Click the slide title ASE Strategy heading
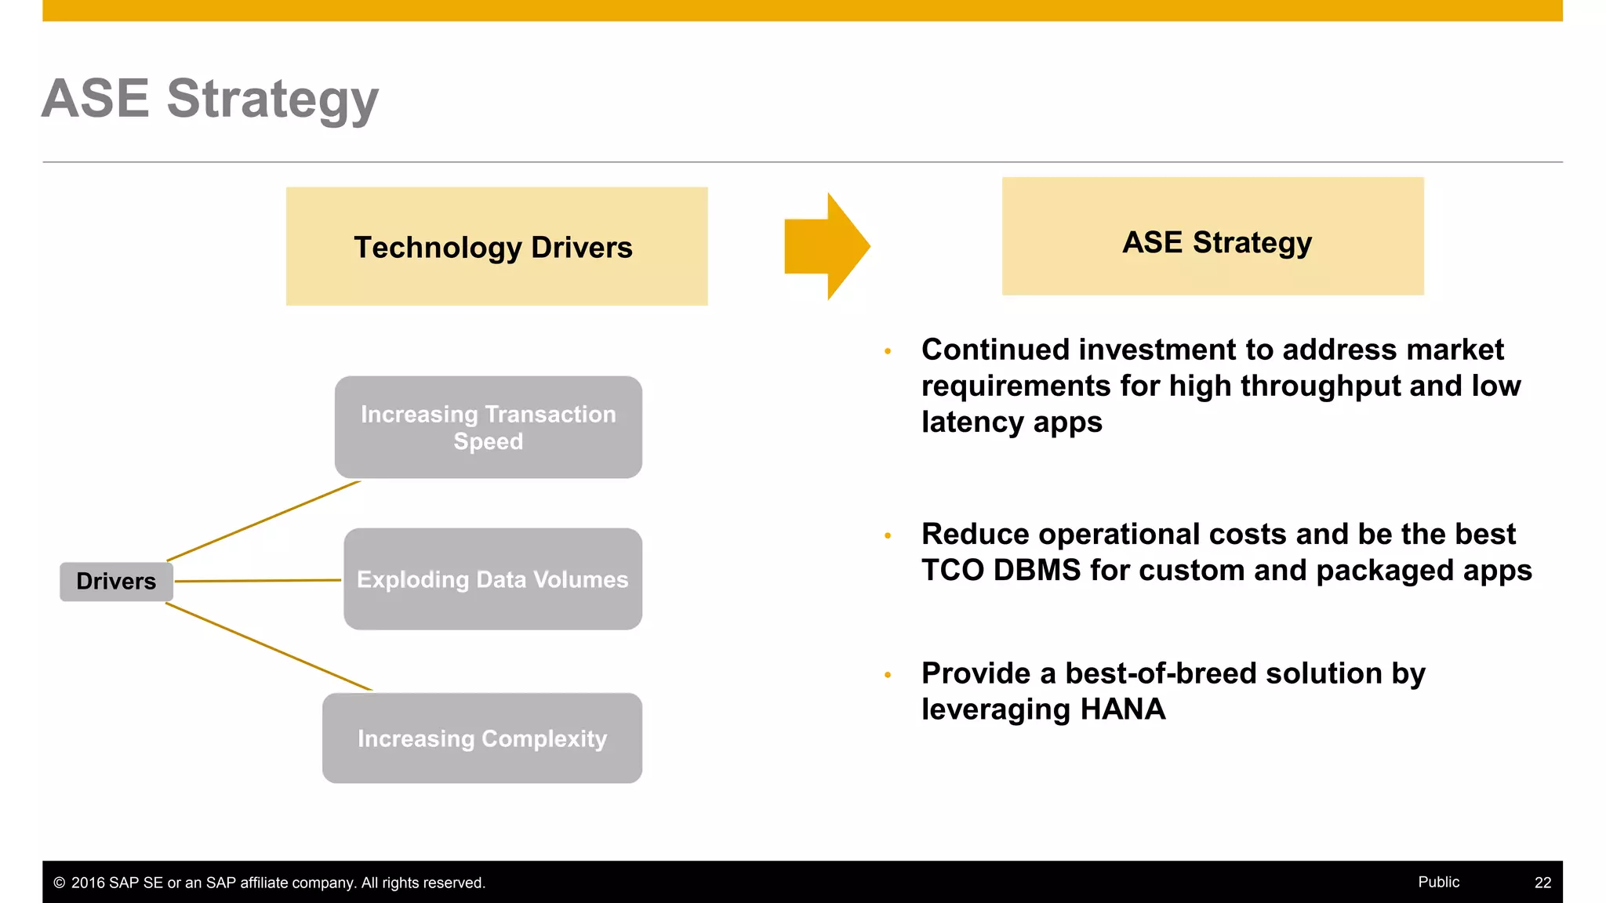(209, 100)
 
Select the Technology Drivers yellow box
(496, 246)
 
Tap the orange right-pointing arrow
(826, 246)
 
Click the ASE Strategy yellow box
(1212, 237)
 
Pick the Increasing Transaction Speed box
(488, 427)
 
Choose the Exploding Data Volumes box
(492, 579)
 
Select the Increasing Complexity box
(481, 738)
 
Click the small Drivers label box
(116, 582)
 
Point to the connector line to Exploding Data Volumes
(257, 581)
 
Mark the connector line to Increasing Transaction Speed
(263, 520)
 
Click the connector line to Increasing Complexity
(268, 647)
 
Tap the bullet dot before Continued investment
(888, 351)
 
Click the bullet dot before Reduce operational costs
(888, 535)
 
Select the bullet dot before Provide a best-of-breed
(888, 674)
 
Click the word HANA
(1122, 709)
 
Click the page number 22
(1542, 883)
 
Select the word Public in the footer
(1438, 882)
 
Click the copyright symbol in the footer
(59, 883)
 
